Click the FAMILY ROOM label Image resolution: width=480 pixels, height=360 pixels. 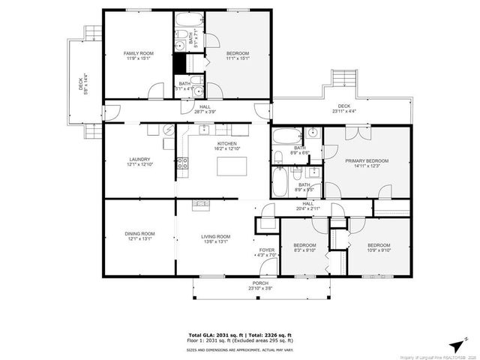click(138, 53)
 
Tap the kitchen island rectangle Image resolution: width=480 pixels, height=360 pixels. click(230, 166)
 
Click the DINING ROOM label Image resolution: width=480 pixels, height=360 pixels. click(139, 234)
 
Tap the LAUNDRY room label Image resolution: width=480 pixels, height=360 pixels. click(139, 159)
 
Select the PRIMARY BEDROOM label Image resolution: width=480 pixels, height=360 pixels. click(367, 161)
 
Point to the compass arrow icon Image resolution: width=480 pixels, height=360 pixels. click(456, 344)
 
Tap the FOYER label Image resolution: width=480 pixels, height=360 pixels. click(267, 250)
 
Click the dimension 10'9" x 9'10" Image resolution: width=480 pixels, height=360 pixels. click(379, 251)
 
